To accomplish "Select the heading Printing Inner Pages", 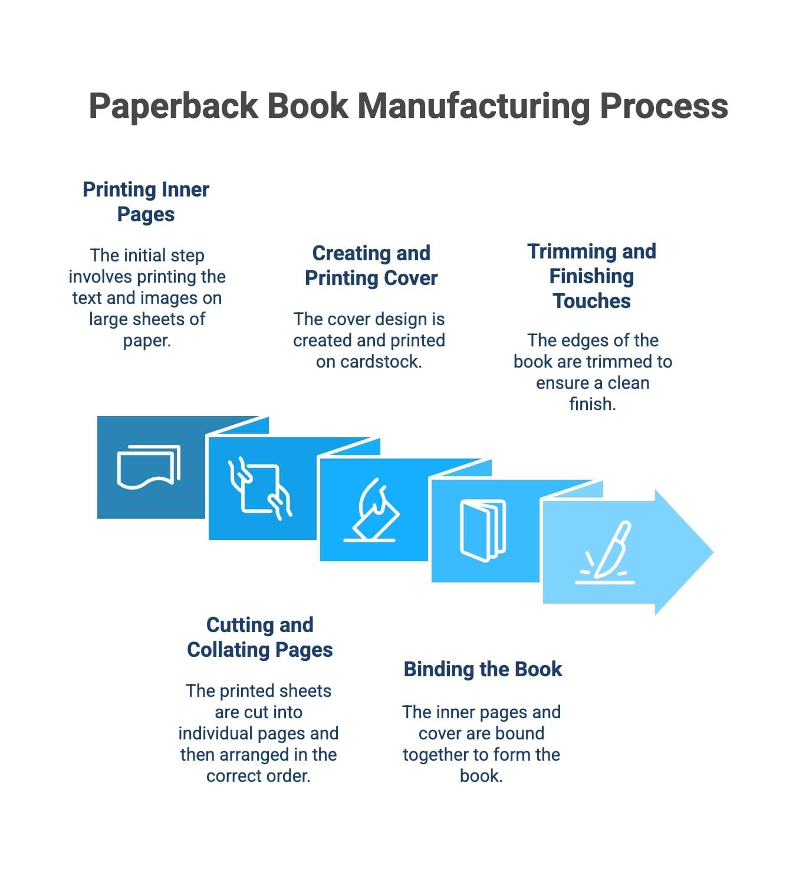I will [146, 202].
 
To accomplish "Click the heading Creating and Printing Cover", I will [371, 266].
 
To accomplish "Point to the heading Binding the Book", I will [482, 669].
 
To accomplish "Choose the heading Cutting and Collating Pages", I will [259, 637].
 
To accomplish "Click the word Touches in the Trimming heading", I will [591, 301].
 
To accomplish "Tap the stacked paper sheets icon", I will [148, 466].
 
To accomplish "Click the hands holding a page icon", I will [259, 488].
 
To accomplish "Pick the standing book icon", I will [482, 530].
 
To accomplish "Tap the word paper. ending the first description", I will [147, 340].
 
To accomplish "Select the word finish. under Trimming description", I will [592, 404].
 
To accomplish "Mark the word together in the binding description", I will [438, 755].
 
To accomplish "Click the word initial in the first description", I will [139, 256].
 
